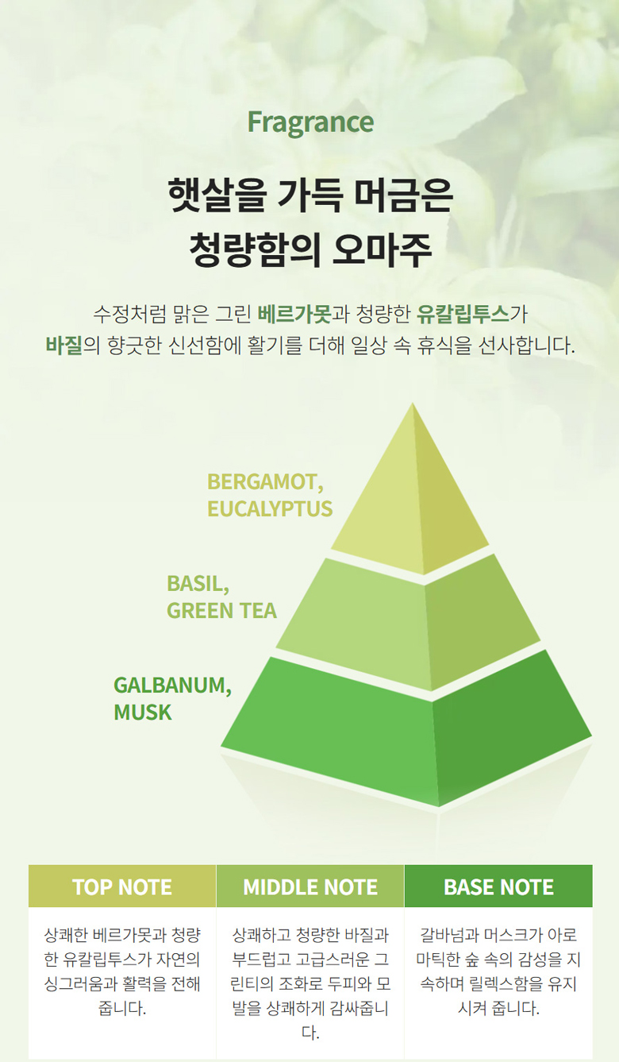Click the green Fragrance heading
310,123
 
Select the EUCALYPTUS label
270,508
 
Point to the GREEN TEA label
221,611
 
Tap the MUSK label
143,713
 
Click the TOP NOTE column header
122,887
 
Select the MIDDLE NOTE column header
310,887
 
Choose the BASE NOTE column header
498,887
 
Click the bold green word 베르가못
294,315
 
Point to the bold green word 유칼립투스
463,315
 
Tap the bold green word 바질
64,346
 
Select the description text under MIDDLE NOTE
310,984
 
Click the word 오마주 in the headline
382,249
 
